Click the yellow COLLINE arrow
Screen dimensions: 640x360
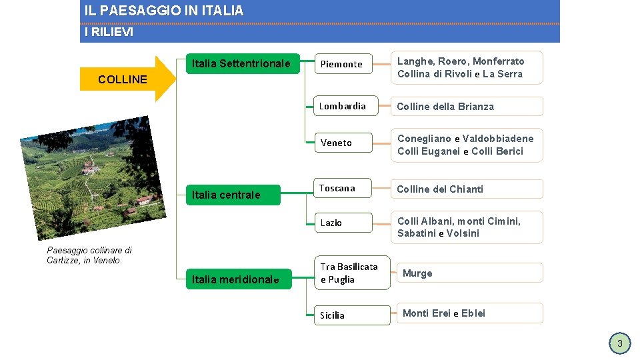(x=127, y=79)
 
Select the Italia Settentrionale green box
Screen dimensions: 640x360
(x=242, y=64)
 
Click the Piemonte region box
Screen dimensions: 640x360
(x=343, y=64)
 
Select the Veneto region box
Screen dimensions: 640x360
(x=343, y=143)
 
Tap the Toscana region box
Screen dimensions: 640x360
(x=343, y=189)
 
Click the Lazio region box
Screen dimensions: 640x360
(x=343, y=223)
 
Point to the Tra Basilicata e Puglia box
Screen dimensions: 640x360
(x=351, y=273)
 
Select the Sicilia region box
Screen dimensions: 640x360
(x=351, y=315)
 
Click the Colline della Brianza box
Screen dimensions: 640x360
(x=467, y=107)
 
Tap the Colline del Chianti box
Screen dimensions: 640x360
(x=467, y=189)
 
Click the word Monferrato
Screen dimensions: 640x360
(x=499, y=61)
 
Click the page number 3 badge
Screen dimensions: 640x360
(x=619, y=343)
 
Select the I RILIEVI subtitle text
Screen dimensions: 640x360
(x=109, y=32)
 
